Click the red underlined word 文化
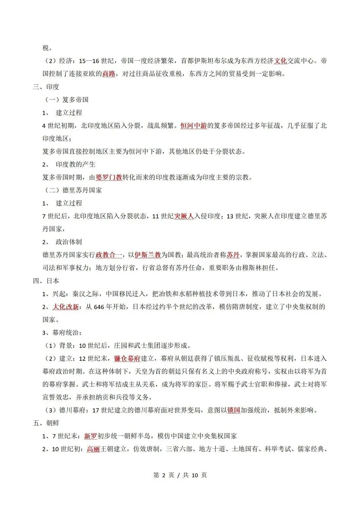280,61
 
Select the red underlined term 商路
109,74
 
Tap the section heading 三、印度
46,87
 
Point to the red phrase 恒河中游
193,125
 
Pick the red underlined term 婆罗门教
109,177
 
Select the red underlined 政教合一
109,255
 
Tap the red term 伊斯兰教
148,255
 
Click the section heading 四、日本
46,281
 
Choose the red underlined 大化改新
66,307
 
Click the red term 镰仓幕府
127,358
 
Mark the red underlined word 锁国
234,410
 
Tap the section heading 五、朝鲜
46,423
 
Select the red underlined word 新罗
90,436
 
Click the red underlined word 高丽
93,449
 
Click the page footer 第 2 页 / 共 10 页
180,475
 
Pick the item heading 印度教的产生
76,164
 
